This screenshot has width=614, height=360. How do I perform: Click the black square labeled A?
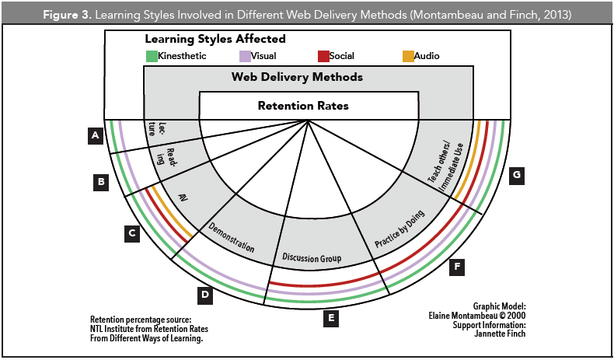pos(95,136)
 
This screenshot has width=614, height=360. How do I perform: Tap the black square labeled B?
pos(100,183)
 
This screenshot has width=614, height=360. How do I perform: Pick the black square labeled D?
pos(204,294)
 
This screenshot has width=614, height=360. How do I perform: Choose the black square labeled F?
pos(458,267)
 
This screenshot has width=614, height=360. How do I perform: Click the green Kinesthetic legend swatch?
pos(152,56)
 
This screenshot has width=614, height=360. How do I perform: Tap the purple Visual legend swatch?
pos(246,56)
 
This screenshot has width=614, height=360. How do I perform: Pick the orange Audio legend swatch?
pos(408,56)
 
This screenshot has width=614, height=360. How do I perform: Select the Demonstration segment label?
pos(231,238)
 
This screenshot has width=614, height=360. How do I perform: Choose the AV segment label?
pos(184,197)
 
